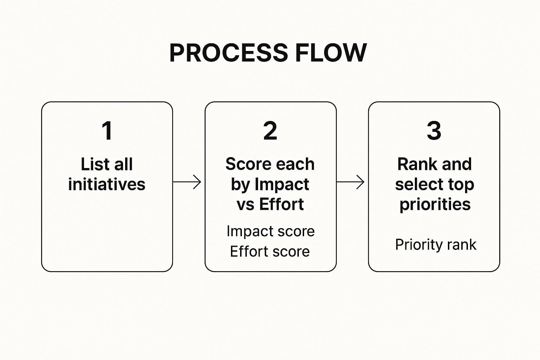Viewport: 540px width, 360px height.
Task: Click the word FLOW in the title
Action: click(331, 53)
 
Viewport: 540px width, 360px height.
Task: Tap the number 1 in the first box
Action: click(107, 131)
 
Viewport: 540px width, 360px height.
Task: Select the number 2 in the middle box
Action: click(270, 131)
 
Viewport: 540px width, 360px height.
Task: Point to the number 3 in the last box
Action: click(434, 131)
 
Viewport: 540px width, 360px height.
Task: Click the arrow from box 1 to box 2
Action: click(187, 182)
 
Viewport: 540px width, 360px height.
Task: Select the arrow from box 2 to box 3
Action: click(351, 182)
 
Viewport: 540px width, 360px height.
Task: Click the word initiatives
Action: click(107, 184)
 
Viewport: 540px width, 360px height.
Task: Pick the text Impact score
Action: click(270, 231)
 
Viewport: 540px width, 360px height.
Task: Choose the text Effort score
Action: click(270, 252)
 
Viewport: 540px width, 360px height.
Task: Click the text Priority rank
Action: click(436, 245)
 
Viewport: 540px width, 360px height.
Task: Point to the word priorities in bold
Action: click(435, 204)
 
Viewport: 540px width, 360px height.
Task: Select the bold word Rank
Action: click(414, 164)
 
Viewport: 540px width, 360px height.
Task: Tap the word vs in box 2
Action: click(245, 204)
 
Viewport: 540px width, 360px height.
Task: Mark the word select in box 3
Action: click(414, 184)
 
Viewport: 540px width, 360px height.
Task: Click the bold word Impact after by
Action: click(282, 184)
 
